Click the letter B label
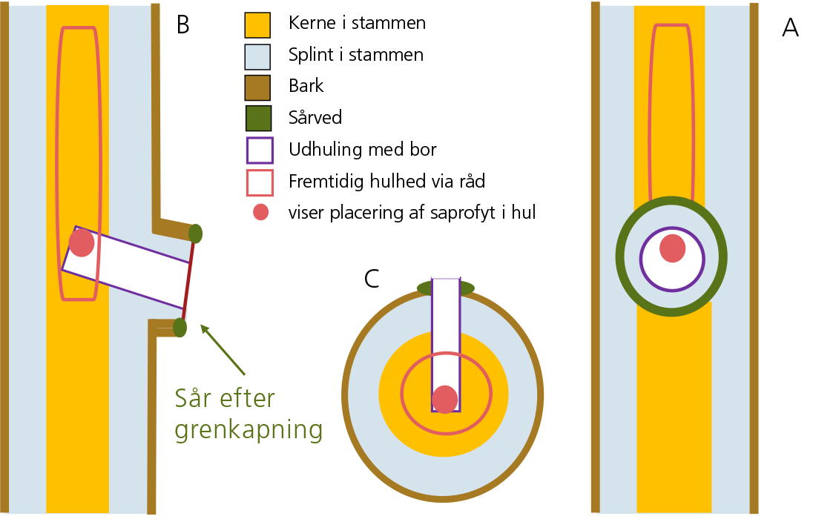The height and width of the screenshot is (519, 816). pyautogui.click(x=183, y=24)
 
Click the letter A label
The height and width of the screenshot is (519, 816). pyautogui.click(x=790, y=28)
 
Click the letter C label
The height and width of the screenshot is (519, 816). pyautogui.click(x=372, y=278)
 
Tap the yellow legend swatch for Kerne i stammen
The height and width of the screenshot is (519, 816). pyautogui.click(x=258, y=24)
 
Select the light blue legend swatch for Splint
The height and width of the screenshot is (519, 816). pyautogui.click(x=258, y=55)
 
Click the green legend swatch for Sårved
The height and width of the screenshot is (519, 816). pyautogui.click(x=258, y=118)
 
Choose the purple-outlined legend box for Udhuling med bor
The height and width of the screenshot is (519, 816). pyautogui.click(x=258, y=150)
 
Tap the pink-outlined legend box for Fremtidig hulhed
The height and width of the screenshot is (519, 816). pyautogui.click(x=258, y=182)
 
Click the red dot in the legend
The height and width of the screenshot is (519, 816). pyautogui.click(x=260, y=213)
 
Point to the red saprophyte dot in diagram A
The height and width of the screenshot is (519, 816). pyautogui.click(x=672, y=248)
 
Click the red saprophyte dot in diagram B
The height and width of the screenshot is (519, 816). pyautogui.click(x=82, y=242)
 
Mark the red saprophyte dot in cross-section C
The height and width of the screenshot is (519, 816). pyautogui.click(x=444, y=399)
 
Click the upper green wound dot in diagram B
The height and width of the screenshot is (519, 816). pyautogui.click(x=196, y=234)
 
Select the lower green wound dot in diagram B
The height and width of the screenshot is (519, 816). pyautogui.click(x=180, y=326)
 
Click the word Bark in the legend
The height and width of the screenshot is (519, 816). pyautogui.click(x=306, y=86)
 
